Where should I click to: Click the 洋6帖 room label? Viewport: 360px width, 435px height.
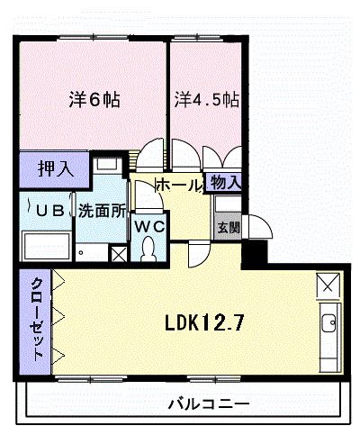[94, 98]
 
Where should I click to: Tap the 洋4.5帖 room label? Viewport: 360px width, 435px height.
[206, 97]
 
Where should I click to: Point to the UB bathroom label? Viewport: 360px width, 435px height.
[48, 213]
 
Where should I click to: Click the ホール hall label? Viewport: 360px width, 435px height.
[179, 185]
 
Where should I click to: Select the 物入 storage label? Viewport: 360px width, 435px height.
[224, 182]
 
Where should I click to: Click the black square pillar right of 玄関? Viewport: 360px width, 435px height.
[257, 251]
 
